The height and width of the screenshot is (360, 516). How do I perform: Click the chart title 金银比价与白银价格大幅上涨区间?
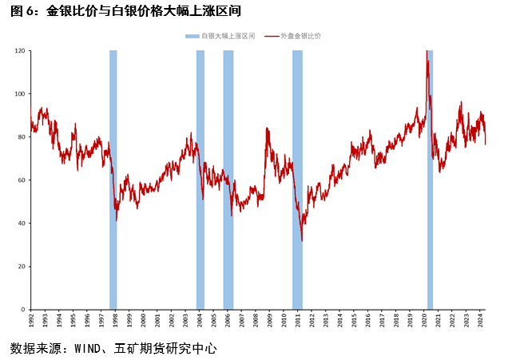click(143, 11)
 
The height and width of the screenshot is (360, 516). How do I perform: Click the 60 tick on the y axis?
click(22, 180)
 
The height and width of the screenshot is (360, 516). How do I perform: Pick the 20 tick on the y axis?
click(22, 266)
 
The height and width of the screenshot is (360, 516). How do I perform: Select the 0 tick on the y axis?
click(24, 309)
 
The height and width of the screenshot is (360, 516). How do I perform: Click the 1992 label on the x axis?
click(30, 319)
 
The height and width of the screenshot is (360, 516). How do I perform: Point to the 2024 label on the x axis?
click(481, 319)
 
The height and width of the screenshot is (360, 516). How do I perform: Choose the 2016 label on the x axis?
click(368, 319)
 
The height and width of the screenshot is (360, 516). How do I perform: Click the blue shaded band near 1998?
click(113, 180)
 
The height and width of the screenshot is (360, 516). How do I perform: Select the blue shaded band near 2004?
click(200, 180)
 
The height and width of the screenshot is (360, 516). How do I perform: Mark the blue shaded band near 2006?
click(228, 180)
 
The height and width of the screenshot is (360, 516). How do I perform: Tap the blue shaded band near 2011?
click(297, 180)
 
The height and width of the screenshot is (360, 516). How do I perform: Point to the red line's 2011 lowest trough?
click(302, 240)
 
